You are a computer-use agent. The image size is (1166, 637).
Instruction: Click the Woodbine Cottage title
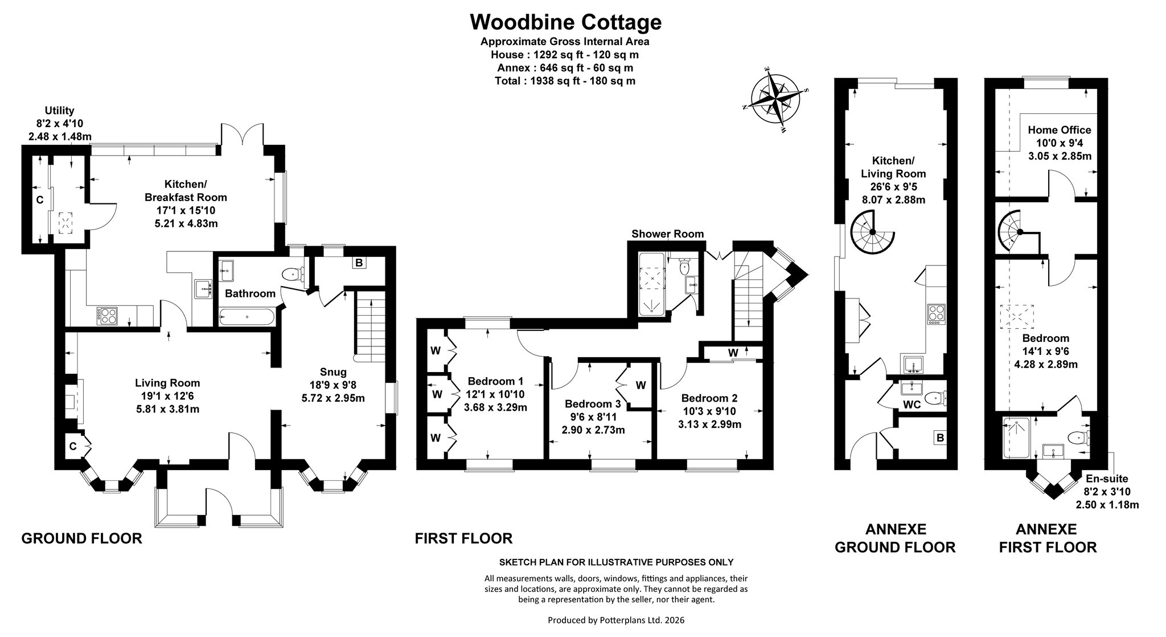click(565, 22)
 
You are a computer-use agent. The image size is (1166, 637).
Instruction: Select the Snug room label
click(333, 372)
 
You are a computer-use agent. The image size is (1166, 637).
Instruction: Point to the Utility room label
click(59, 111)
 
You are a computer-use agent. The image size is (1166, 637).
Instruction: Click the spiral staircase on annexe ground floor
click(872, 231)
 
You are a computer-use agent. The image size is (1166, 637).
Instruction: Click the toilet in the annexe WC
click(935, 398)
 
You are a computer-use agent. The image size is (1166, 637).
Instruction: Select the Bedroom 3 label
click(592, 404)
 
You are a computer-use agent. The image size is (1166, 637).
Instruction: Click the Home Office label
click(1060, 130)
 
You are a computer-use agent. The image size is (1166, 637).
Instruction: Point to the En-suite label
click(1107, 479)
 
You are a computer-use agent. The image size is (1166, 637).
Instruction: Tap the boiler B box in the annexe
click(941, 438)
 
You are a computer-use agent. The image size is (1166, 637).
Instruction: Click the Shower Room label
click(667, 234)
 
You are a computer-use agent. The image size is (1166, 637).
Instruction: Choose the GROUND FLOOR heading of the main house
click(81, 538)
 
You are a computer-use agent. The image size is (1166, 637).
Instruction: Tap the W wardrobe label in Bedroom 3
click(641, 386)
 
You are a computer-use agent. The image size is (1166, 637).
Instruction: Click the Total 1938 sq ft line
click(565, 81)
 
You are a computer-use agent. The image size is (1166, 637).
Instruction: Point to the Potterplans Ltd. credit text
click(616, 620)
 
